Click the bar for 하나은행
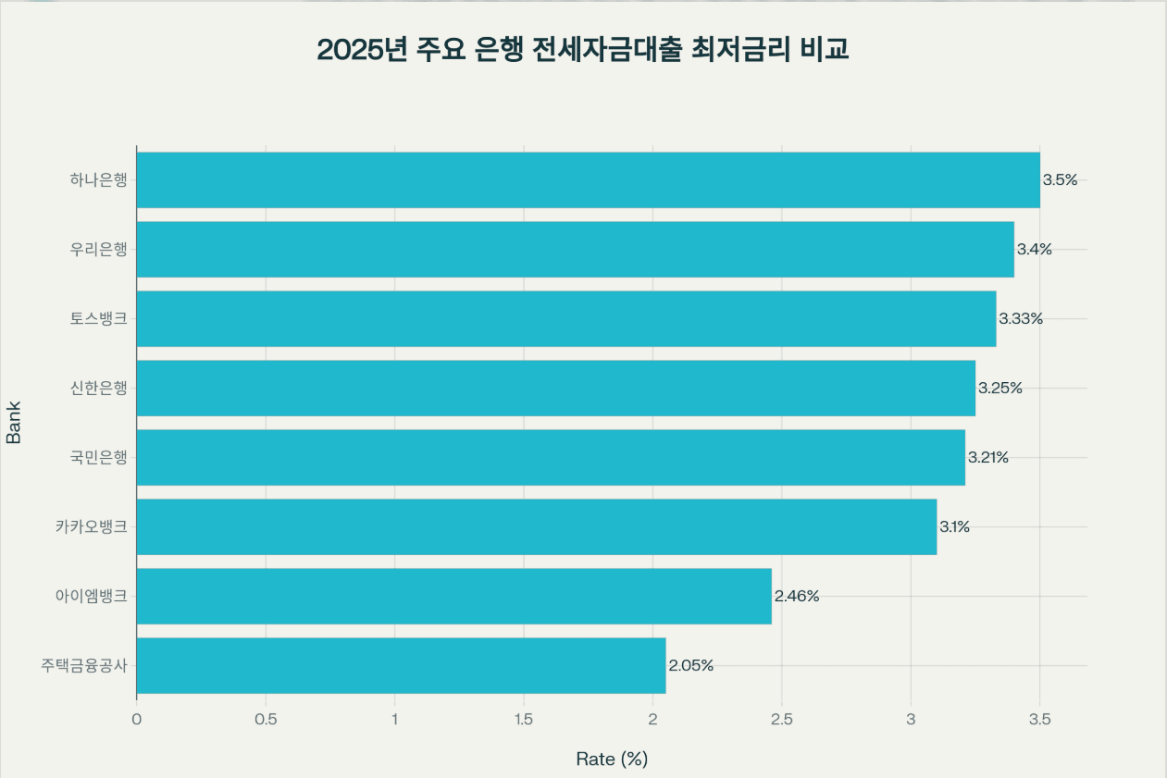(x=588, y=179)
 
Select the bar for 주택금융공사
(x=401, y=665)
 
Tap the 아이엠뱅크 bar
(x=453, y=596)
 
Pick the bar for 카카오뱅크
(x=536, y=526)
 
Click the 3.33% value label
(x=1021, y=318)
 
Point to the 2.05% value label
(x=691, y=665)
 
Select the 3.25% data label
(x=1000, y=388)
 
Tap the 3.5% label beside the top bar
(x=1061, y=179)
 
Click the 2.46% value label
(x=797, y=596)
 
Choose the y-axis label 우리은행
(x=98, y=249)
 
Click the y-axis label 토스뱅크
(x=98, y=318)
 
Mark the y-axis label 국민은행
(x=98, y=457)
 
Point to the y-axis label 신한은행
(x=98, y=388)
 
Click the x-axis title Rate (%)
(x=612, y=759)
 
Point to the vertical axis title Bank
(x=14, y=422)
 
